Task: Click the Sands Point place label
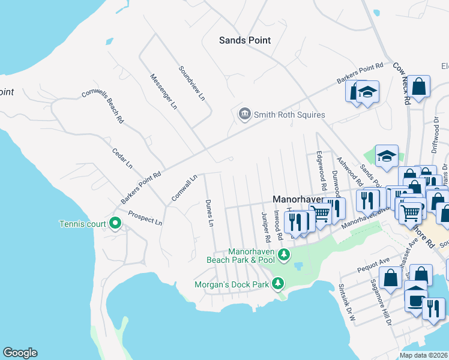(244, 40)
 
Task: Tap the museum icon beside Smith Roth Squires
(244, 114)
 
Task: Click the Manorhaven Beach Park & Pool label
(240, 256)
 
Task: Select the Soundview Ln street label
(192, 83)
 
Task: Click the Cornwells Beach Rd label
(103, 106)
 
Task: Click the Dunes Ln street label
(209, 213)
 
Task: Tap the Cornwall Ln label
(184, 187)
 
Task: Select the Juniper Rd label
(265, 226)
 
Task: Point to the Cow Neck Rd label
(402, 85)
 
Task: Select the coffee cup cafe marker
(415, 298)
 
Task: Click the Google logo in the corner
(20, 353)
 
